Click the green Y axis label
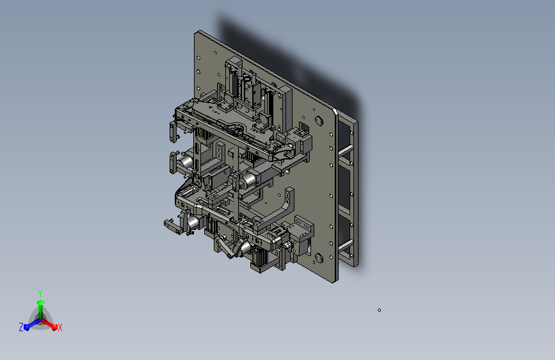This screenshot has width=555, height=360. (40, 293)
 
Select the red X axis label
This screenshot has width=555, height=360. (60, 328)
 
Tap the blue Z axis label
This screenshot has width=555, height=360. (21, 327)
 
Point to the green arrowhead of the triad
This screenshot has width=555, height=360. (40, 303)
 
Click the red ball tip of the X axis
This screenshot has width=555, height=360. (54, 327)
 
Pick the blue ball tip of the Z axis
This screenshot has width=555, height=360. (27, 327)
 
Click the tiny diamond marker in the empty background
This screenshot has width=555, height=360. (379, 310)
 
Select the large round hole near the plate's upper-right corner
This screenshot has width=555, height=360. (319, 120)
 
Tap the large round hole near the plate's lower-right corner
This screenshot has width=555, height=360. (319, 258)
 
